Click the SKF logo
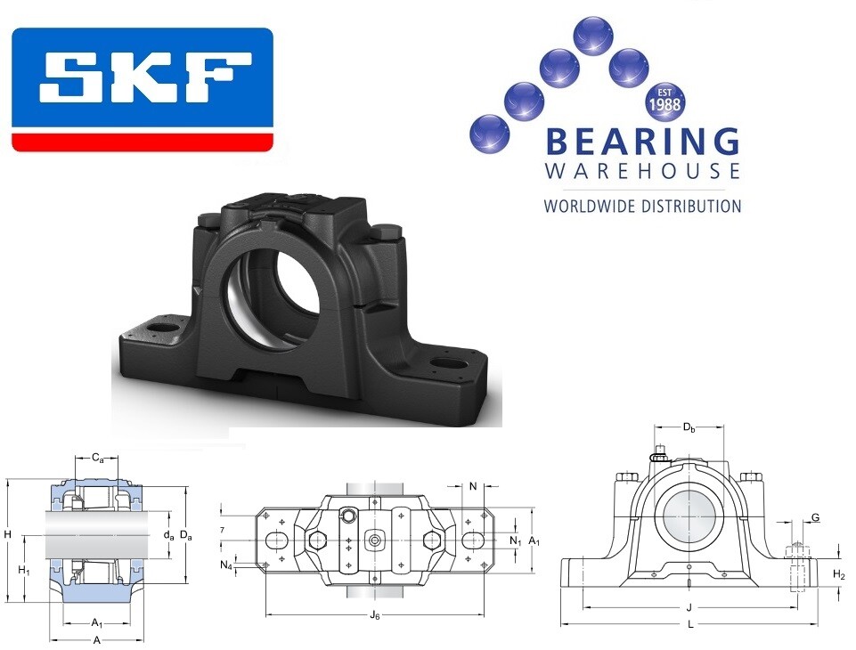[x=142, y=90]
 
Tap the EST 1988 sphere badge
[x=664, y=101]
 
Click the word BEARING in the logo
[x=642, y=142]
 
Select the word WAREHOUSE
[x=642, y=171]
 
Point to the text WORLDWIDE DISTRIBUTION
[x=642, y=207]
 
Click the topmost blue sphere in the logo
[x=593, y=35]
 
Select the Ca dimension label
[x=97, y=458]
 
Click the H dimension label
[x=8, y=534]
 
